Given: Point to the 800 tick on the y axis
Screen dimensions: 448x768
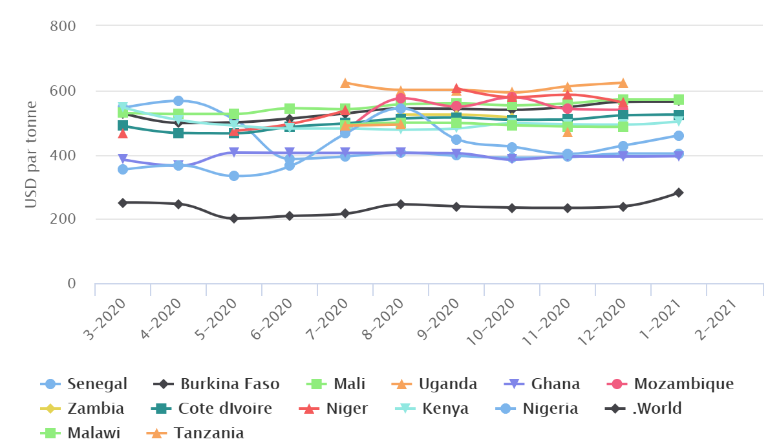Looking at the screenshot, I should [x=63, y=27].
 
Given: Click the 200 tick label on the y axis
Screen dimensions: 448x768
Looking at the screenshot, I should [x=63, y=219].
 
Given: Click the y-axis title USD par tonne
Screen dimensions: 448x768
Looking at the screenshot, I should [x=31, y=155].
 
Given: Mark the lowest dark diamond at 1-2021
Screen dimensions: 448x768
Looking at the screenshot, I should [x=679, y=193].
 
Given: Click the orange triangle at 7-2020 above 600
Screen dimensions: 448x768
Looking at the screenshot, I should [x=345, y=83].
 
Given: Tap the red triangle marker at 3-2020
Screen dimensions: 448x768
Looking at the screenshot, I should [x=123, y=133].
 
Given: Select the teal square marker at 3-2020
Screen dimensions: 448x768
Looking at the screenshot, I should [x=123, y=125].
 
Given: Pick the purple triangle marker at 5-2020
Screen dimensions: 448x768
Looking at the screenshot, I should [x=234, y=153].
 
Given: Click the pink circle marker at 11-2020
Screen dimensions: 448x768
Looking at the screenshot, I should [x=568, y=109].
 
